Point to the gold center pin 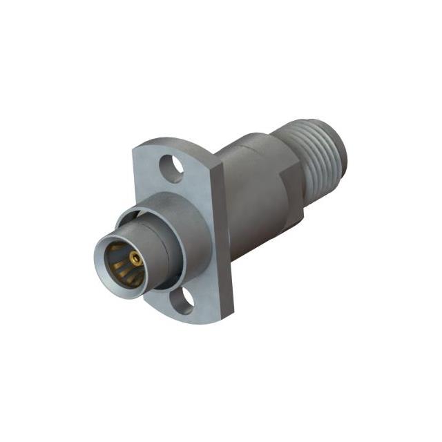point(137,260)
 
